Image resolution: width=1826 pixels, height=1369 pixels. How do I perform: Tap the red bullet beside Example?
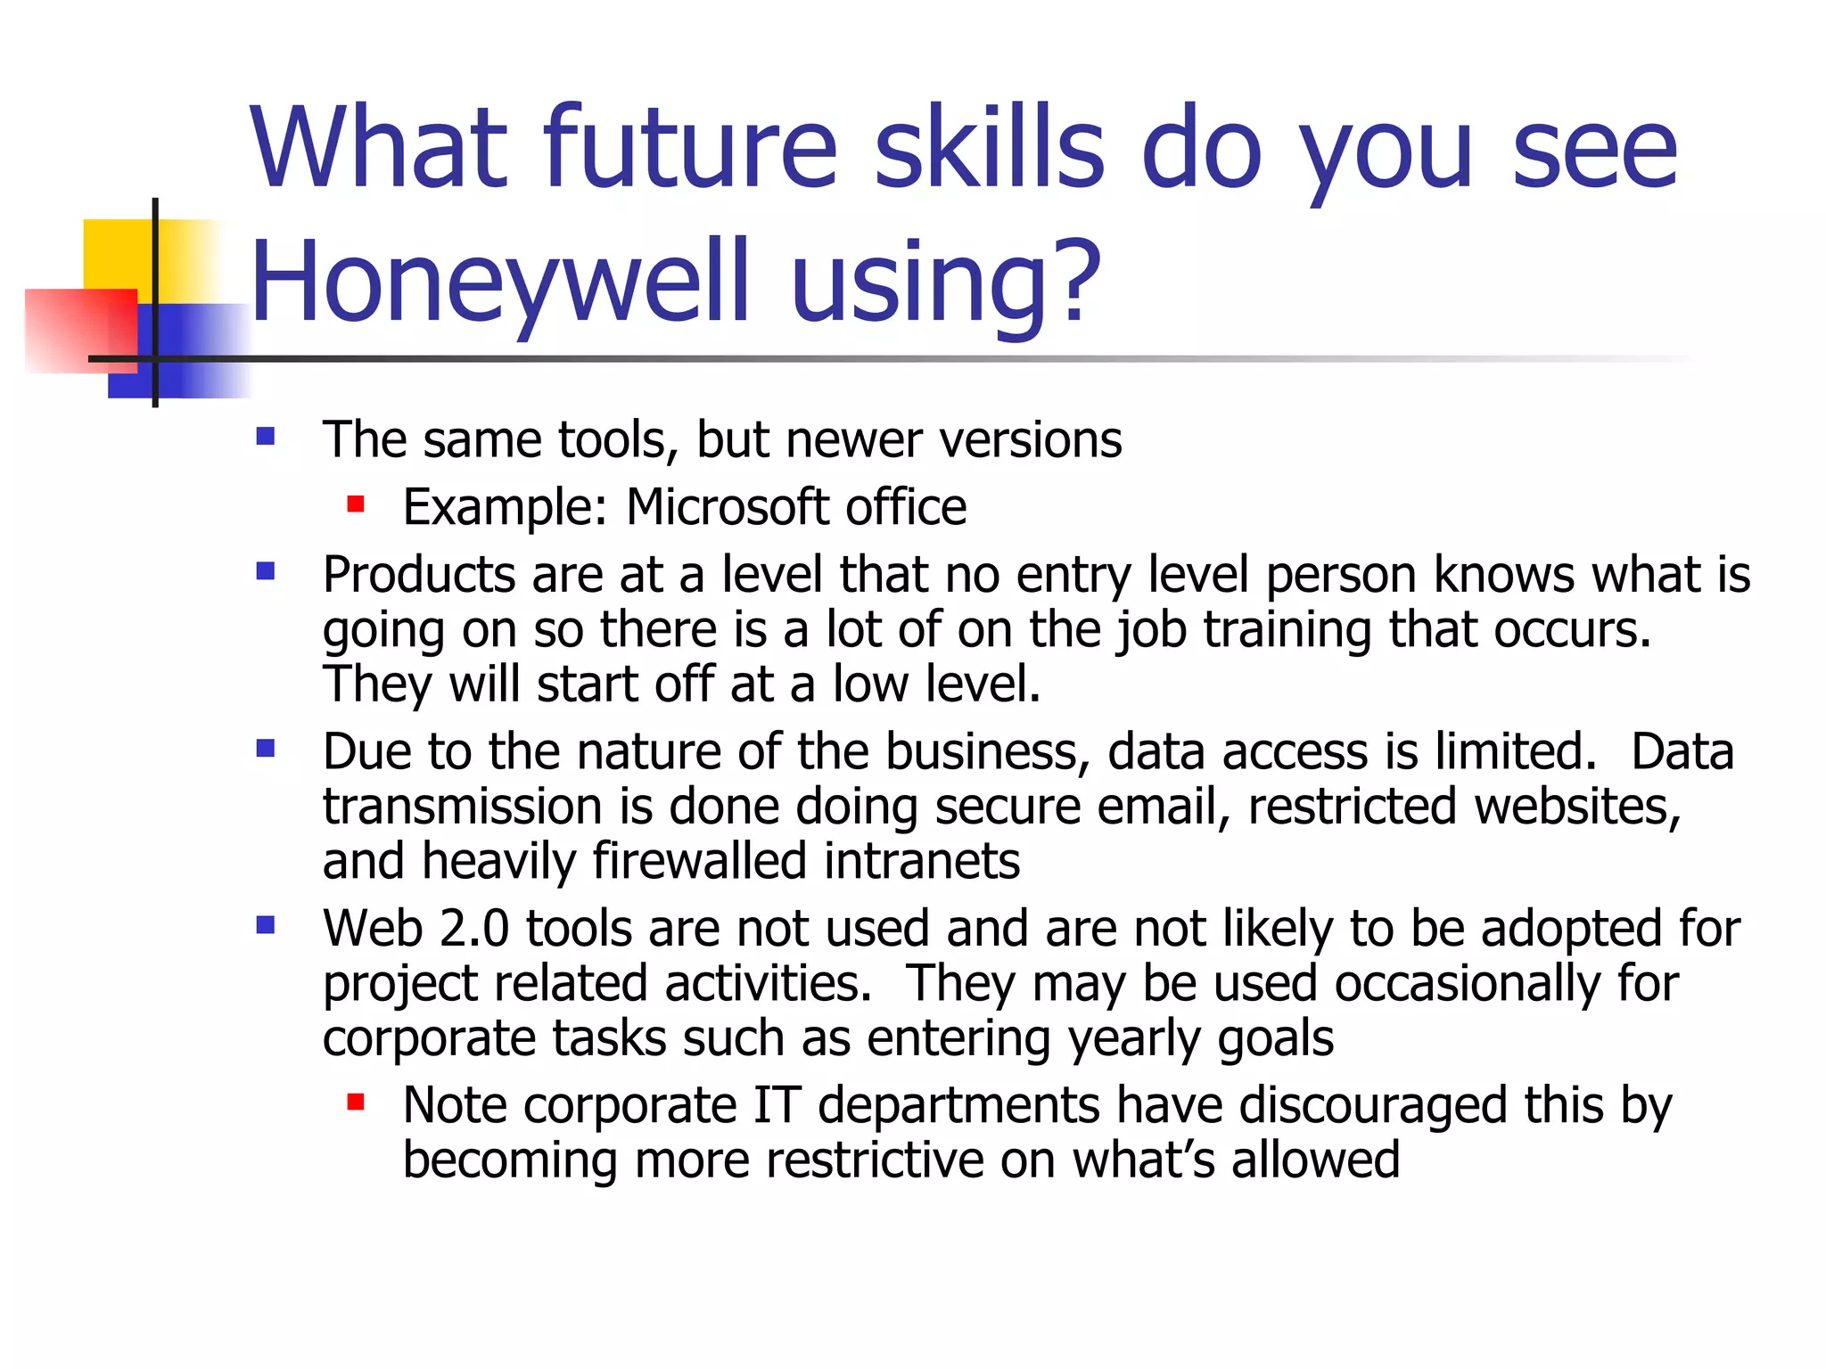(x=356, y=505)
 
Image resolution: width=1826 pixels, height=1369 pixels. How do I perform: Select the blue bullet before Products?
(x=265, y=571)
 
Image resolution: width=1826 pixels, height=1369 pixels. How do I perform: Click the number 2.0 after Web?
(x=473, y=929)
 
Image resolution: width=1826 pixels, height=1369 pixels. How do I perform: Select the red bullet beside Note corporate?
(x=356, y=1103)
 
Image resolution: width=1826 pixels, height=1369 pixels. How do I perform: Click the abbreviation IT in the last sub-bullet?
(x=777, y=1106)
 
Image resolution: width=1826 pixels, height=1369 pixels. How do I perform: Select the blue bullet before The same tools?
(x=265, y=437)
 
